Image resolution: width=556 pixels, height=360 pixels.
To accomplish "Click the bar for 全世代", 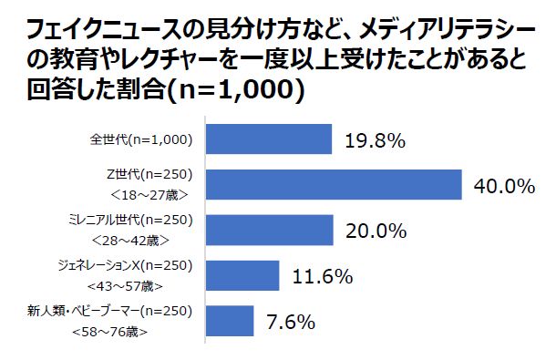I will pos(269,139).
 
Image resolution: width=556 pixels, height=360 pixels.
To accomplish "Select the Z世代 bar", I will pos(335,185).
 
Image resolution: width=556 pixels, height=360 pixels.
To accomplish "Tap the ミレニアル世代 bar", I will pos(270,230).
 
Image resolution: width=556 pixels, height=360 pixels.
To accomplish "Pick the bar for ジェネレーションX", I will pos(242,275).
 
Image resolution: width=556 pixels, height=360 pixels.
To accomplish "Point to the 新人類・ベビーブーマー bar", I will pos(230,320).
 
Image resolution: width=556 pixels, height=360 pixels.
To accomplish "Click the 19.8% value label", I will pos(375,141).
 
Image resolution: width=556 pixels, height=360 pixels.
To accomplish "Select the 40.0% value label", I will pos(503,186).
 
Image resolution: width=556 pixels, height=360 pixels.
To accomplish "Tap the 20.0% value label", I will pos(376,231).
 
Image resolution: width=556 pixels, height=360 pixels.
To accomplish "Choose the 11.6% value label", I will pos(322,276).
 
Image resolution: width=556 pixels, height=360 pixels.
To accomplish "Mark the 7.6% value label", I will pos(292,321).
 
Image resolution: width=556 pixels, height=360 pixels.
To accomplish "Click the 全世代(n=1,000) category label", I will pos(140,139).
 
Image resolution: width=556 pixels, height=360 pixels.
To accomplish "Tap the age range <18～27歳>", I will pos(149,194).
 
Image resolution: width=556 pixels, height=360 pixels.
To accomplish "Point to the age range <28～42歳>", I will pos(149,239).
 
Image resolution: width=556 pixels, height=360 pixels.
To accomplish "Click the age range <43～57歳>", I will pos(149,284).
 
